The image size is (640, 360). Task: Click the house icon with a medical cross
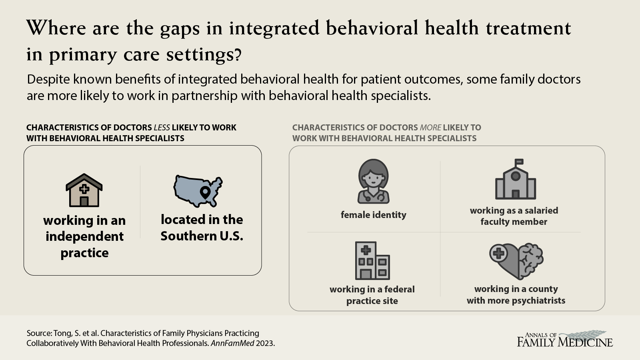coord(84,190)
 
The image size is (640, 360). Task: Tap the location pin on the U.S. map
coord(205,193)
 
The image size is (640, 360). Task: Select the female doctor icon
coord(374,181)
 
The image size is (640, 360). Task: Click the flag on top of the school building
coord(519,162)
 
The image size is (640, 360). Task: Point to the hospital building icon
coord(372,260)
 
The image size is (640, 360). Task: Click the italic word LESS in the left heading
coord(162,128)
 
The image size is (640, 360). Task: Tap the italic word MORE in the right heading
coord(430,128)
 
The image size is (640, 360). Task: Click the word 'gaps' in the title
coord(180,30)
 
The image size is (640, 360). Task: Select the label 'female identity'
coord(374,214)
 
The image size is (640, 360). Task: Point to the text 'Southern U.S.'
coord(202,236)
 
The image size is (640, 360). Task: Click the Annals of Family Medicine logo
coord(565,339)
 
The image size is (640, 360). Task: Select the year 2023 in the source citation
coord(265,343)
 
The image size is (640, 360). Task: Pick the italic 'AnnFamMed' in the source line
coord(232,343)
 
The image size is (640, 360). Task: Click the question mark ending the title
coord(237,54)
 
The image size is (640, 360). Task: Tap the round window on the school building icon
coord(516,176)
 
